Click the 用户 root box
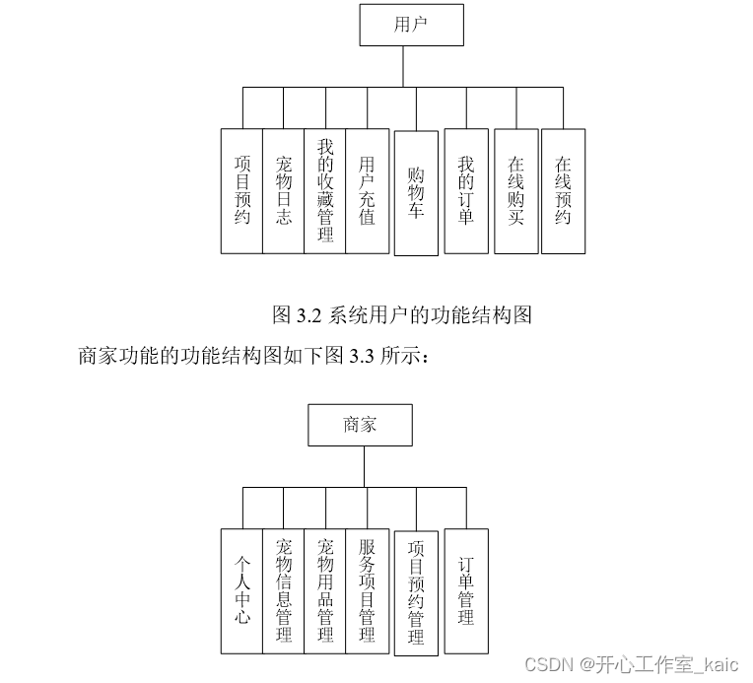click(x=411, y=25)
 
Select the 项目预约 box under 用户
click(x=242, y=190)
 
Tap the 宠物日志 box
click(x=284, y=190)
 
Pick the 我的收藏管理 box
click(x=325, y=190)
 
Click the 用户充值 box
click(x=367, y=190)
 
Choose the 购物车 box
click(x=416, y=193)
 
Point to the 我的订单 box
click(x=466, y=190)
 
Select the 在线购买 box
click(x=515, y=190)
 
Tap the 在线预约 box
click(x=563, y=190)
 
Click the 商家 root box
click(x=360, y=425)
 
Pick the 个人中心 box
click(x=242, y=590)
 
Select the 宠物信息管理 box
click(x=284, y=590)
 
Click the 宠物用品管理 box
click(x=325, y=590)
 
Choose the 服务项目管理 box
click(x=367, y=590)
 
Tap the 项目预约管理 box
click(x=416, y=593)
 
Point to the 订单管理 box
click(x=466, y=590)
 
